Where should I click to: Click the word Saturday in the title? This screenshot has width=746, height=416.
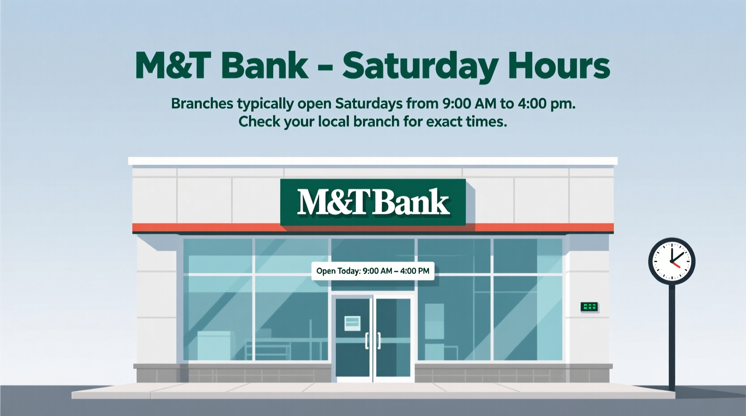coord(420,66)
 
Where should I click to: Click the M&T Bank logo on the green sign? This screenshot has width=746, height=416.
coord(373,202)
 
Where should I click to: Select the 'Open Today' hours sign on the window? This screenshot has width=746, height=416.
coord(373,271)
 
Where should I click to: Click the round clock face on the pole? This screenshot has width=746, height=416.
coord(672,261)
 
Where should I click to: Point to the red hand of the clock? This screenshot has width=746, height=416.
coord(676,264)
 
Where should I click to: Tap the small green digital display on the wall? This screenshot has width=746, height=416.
coord(589,307)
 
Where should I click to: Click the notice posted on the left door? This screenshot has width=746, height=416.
coord(352,323)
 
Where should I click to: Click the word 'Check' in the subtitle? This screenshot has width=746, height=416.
coord(259,121)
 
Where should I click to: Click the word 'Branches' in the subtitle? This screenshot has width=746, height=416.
coord(202,104)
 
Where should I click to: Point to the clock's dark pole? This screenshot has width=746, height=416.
coord(672,336)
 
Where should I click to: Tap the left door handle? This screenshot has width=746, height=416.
coord(367,341)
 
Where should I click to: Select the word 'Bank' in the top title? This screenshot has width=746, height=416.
coord(265,65)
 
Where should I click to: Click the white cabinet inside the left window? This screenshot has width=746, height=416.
coord(214,345)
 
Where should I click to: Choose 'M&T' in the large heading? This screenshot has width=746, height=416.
coord(173,65)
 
